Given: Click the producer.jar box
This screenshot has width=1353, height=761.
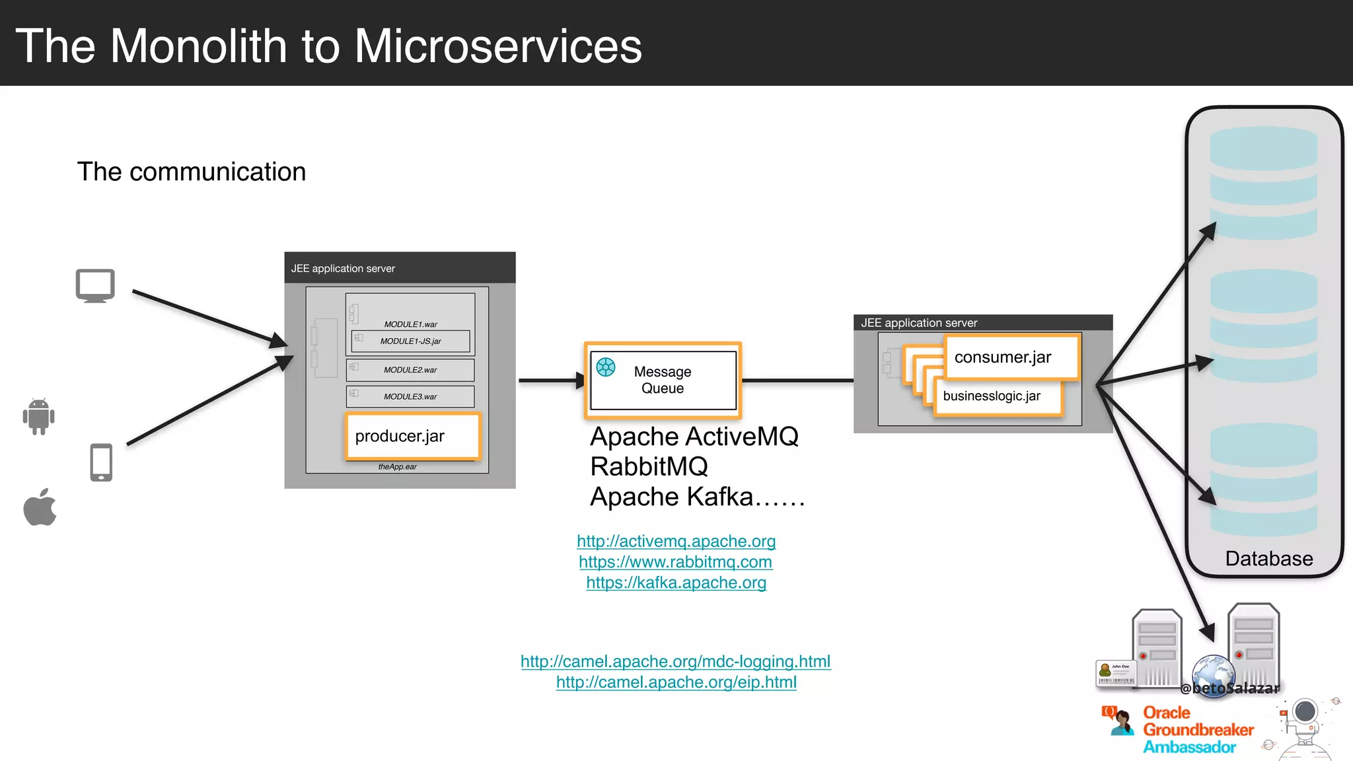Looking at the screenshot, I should [x=412, y=436].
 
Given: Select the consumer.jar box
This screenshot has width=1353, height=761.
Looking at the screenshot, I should [x=1011, y=357].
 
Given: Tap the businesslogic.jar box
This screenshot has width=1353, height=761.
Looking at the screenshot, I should [x=997, y=396].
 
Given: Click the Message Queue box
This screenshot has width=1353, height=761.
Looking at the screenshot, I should [x=663, y=380].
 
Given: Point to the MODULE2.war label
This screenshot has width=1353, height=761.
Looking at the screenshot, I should [x=410, y=370].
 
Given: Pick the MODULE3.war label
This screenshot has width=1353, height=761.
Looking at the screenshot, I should [x=410, y=396].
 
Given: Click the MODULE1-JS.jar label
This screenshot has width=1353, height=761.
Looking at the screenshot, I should [x=410, y=342].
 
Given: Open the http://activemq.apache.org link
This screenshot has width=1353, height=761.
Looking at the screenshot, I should [x=676, y=541].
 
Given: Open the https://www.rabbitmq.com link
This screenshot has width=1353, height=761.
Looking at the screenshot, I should [x=675, y=562].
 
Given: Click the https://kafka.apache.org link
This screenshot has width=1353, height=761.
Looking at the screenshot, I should [x=676, y=583].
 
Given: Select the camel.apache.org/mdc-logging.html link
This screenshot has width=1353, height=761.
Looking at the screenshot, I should [x=675, y=661].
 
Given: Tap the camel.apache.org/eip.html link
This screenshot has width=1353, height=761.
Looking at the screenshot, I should [x=676, y=682].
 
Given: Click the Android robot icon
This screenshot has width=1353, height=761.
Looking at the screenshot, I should [x=39, y=417].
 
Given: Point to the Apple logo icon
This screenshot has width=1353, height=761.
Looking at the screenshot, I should [x=40, y=507].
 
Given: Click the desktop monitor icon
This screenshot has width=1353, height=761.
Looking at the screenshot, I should [x=95, y=285].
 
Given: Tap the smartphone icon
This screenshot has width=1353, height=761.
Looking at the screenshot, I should [x=101, y=462].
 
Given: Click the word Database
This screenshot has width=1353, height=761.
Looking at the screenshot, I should [x=1268, y=559].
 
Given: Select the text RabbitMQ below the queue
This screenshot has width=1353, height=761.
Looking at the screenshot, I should [x=649, y=467].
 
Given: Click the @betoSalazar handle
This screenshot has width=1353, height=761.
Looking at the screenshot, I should [x=1230, y=688].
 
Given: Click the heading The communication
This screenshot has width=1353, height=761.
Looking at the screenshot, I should [x=192, y=172].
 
